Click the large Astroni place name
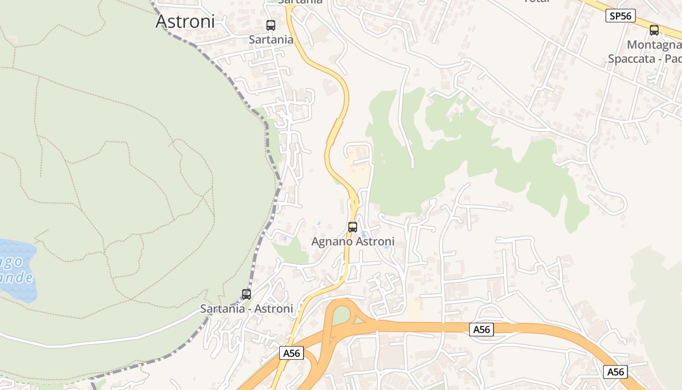[x=185, y=21]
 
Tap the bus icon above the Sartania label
[x=271, y=25]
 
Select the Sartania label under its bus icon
[x=271, y=39]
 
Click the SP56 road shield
[x=621, y=16]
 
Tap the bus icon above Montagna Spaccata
[x=654, y=30]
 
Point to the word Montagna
[x=654, y=45]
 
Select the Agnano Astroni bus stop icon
[x=353, y=227]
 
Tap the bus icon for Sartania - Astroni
[x=246, y=294]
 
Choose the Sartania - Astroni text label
[x=246, y=309]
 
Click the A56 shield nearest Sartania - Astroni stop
[x=291, y=353]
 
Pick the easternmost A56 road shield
[x=615, y=372]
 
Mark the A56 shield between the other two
[x=482, y=330]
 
